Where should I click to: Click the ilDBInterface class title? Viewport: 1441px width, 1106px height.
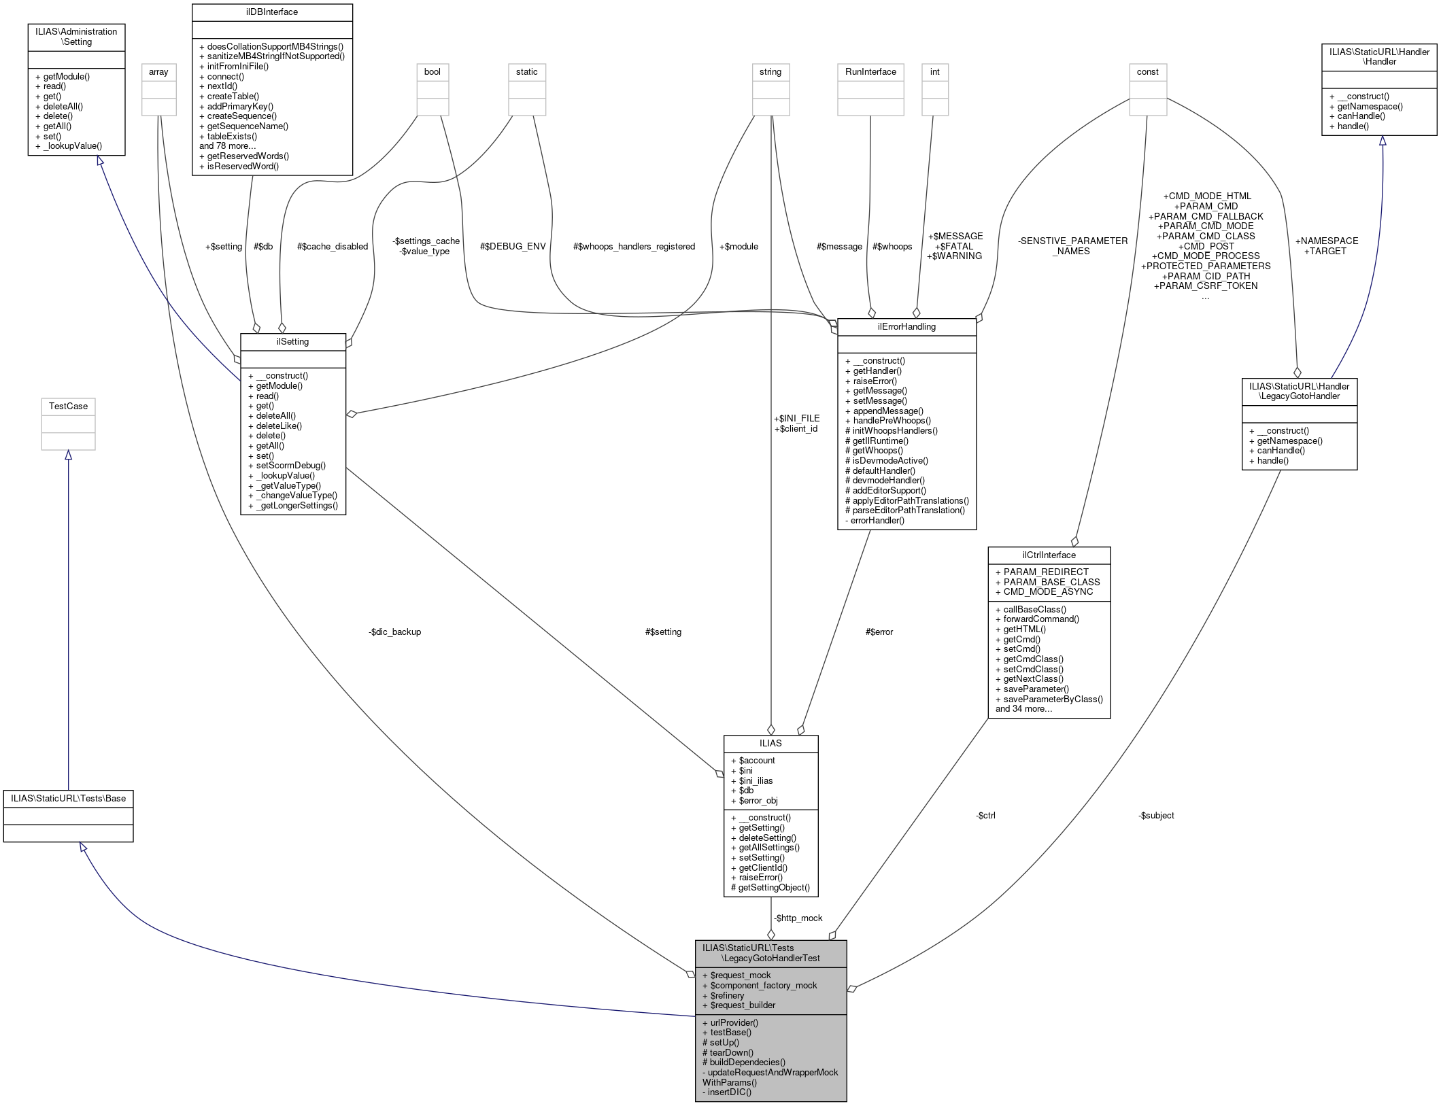click(272, 12)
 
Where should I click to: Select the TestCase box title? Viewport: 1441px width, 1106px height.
click(68, 406)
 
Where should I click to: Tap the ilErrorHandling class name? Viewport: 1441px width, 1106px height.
click(906, 326)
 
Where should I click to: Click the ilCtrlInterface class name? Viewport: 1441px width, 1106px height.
click(1049, 555)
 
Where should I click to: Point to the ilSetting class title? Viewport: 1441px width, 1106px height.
click(292, 341)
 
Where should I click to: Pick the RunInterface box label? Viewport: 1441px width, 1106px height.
click(870, 71)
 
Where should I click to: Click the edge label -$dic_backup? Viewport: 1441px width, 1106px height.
click(394, 632)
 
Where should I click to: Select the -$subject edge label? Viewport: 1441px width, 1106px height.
click(1156, 815)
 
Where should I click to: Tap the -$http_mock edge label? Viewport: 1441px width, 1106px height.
click(798, 918)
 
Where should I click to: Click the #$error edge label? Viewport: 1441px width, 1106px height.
click(879, 632)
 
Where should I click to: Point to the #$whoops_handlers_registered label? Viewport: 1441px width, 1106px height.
click(634, 246)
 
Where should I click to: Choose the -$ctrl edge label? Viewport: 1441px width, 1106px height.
click(985, 815)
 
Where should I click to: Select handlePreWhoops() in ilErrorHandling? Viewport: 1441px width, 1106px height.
click(892, 420)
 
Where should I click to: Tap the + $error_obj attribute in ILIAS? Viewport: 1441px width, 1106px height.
click(758, 800)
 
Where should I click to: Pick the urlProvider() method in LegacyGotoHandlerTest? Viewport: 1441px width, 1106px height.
click(734, 1022)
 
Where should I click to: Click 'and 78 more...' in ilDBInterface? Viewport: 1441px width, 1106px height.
click(227, 146)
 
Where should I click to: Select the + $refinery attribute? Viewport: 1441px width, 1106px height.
click(727, 995)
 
